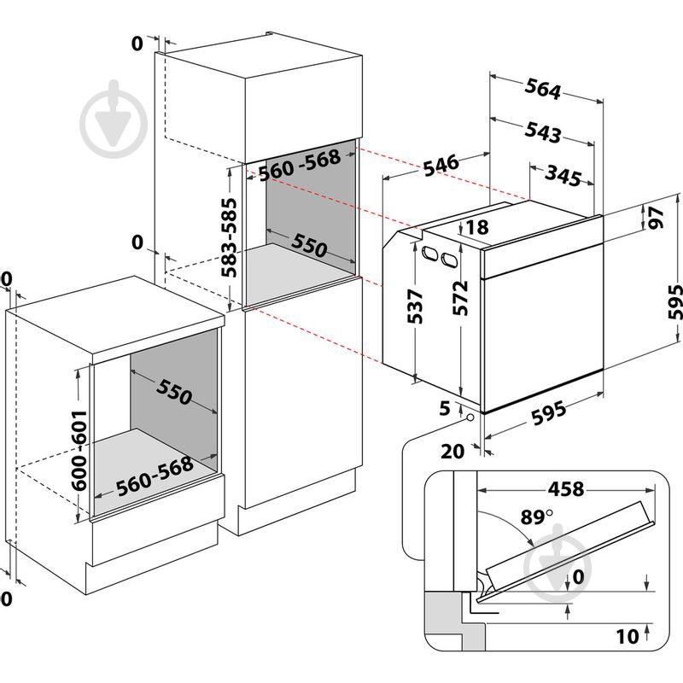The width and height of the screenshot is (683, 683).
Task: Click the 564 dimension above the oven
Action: [542, 89]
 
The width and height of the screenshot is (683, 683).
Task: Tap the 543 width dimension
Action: [542, 132]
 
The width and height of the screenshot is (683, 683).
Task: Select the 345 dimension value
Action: [563, 176]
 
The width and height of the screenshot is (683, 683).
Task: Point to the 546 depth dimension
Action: [441, 165]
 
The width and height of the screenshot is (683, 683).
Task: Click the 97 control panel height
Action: [656, 218]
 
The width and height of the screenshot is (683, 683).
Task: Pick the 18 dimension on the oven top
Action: [477, 227]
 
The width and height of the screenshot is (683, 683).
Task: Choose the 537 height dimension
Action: [415, 306]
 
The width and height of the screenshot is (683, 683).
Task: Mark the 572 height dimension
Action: [460, 298]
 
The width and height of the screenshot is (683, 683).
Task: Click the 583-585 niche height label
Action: [229, 238]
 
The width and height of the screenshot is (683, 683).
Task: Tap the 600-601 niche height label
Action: [79, 451]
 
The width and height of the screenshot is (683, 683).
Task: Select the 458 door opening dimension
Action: [566, 489]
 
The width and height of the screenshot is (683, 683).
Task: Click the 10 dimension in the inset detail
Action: [628, 637]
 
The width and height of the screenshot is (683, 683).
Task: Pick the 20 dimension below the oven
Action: [453, 452]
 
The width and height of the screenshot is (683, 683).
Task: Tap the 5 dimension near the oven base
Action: [444, 408]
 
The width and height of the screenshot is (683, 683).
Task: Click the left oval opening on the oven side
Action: [430, 254]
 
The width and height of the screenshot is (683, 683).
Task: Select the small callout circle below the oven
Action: [470, 417]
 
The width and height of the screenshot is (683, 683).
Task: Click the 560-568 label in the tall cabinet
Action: [300, 165]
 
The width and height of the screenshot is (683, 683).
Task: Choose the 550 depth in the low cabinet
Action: [174, 392]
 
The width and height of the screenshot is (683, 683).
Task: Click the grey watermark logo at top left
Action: [114, 119]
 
